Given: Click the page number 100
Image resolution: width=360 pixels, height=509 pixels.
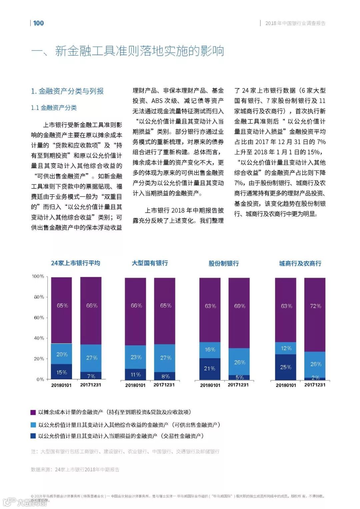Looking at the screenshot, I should coord(38,23).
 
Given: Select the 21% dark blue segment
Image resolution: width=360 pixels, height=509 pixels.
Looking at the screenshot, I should coord(210,369).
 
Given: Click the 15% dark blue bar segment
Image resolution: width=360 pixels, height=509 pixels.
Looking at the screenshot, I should coord(61,372).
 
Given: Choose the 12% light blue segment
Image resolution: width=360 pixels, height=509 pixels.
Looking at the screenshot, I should coord(286,348).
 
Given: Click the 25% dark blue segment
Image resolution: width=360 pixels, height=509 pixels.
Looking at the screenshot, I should coord(286,367).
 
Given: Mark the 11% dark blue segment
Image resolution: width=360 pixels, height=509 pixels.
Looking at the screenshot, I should coord(135,374).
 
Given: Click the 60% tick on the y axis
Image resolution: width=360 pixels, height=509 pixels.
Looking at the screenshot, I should coord(39,318).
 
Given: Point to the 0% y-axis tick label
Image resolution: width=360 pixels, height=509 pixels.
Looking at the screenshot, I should coord(40,379).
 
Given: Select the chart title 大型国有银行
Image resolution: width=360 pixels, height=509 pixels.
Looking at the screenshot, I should coord(150,263).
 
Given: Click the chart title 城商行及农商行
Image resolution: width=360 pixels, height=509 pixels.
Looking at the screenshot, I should coord(300,263).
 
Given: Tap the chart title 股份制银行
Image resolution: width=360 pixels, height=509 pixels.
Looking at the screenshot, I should coord(224,263).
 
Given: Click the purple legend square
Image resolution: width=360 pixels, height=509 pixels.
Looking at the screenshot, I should coord(33,412).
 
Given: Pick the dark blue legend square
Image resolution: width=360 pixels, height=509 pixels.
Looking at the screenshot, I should coord(33,436).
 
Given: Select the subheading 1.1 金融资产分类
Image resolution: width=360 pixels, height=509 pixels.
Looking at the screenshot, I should coord(54,108).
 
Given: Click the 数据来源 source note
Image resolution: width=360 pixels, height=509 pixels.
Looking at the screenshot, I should coord(75,469).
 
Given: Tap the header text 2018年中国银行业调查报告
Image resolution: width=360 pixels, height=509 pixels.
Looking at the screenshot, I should coord(295,23).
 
